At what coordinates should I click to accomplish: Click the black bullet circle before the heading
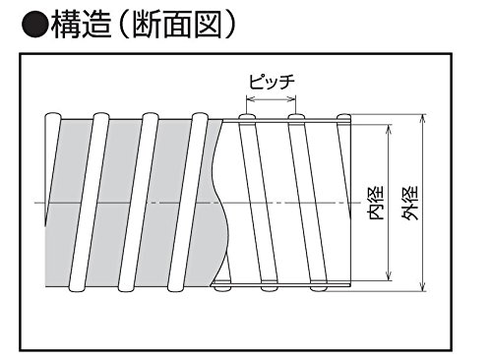pyautogui.click(x=34, y=25)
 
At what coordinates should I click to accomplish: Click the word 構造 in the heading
pyautogui.click(x=81, y=25)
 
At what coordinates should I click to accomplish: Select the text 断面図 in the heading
pyautogui.click(x=177, y=25)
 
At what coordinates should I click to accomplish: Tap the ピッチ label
pyautogui.click(x=272, y=82)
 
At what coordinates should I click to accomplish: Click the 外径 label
pyautogui.click(x=410, y=203)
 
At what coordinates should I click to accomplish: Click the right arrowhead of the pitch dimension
pyautogui.click(x=292, y=98)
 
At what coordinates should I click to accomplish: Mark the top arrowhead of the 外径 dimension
pyautogui.click(x=423, y=118)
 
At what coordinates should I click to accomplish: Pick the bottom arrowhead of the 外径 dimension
pyautogui.click(x=423, y=287)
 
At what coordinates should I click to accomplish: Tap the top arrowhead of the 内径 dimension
pyautogui.click(x=389, y=129)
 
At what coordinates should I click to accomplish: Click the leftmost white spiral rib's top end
pyautogui.click(x=53, y=117)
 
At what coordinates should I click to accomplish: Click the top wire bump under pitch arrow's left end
pyautogui.click(x=247, y=117)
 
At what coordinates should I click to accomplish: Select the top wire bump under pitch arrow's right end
pyautogui.click(x=296, y=117)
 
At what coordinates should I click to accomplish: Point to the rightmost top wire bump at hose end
pyautogui.click(x=344, y=117)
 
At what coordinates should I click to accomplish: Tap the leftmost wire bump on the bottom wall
pyautogui.click(x=221, y=288)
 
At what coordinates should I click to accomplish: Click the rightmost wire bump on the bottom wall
pyautogui.click(x=319, y=288)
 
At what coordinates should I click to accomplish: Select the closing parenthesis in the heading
pyautogui.click(x=229, y=25)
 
